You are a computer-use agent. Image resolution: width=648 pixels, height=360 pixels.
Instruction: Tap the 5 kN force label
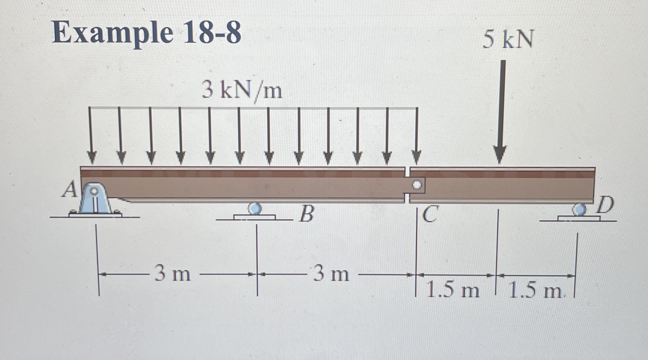tap(508, 40)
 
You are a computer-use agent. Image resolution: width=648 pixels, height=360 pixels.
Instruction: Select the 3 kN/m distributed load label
tap(242, 91)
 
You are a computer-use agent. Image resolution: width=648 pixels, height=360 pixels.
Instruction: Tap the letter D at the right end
tap(605, 205)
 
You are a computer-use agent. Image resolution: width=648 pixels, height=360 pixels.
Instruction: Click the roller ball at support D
tap(579, 210)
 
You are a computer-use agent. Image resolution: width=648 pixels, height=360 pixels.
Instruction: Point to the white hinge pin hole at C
tap(417, 185)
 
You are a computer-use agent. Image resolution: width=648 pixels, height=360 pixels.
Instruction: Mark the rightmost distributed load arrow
tap(417, 135)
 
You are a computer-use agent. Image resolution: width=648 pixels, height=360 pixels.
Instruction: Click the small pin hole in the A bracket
tap(94, 191)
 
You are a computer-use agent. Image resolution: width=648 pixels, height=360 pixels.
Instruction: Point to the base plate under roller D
tap(579, 218)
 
